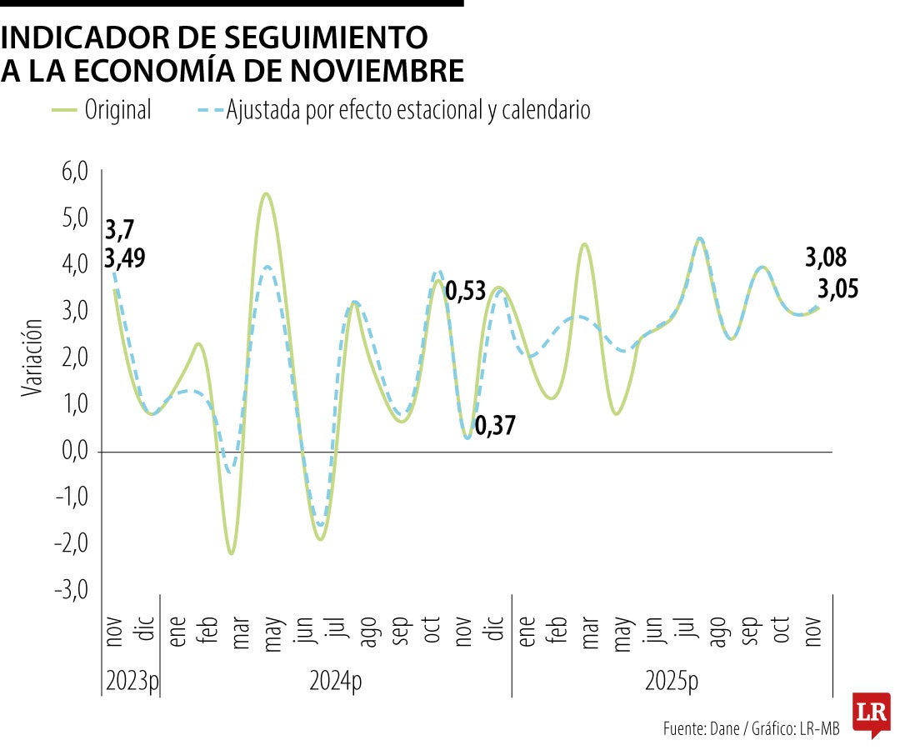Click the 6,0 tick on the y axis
(x=74, y=173)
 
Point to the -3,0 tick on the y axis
(x=72, y=590)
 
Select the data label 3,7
(x=120, y=229)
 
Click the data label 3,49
(x=125, y=257)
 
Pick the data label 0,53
(x=467, y=292)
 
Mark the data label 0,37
(x=495, y=427)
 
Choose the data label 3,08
(x=825, y=257)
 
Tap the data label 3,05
(x=837, y=289)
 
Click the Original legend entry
(x=117, y=109)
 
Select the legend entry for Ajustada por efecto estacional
(x=407, y=109)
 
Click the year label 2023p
(x=132, y=681)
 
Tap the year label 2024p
(x=335, y=681)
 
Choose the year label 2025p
(x=672, y=681)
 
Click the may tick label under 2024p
(x=272, y=635)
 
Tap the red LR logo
(x=871, y=713)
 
